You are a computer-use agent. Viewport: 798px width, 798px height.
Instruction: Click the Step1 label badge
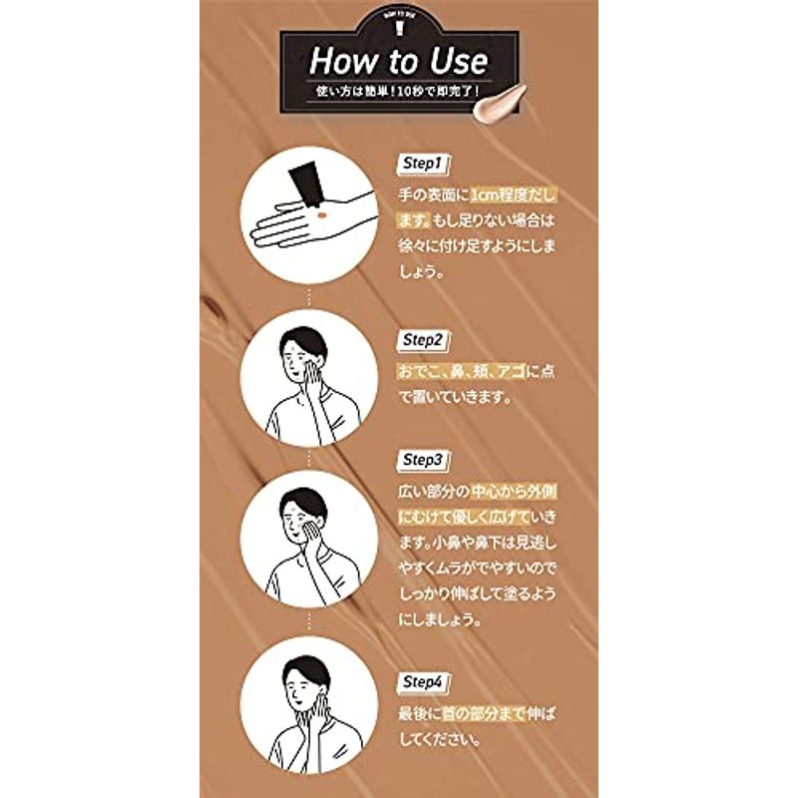point(422,164)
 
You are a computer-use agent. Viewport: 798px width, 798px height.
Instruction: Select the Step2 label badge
point(422,340)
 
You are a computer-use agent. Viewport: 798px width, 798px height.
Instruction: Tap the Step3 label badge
point(422,461)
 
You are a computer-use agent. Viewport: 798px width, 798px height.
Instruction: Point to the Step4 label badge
point(422,682)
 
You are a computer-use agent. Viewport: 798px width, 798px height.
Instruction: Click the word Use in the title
point(459,62)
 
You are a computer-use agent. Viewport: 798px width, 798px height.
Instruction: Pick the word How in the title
point(339,62)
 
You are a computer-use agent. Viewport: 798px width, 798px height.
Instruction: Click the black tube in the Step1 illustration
point(306,186)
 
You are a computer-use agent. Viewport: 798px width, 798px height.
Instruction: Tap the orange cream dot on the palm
point(321,215)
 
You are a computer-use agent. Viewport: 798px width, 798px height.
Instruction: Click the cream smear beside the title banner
point(500,104)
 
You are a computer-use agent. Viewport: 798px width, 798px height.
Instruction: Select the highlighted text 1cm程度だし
point(513,196)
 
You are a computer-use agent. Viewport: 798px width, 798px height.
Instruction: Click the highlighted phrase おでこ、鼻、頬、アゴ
point(461,371)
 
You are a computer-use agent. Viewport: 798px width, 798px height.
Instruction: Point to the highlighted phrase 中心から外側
point(513,492)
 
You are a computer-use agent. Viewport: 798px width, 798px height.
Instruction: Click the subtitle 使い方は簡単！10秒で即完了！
point(397,92)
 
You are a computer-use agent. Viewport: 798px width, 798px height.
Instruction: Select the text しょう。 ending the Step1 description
point(421,271)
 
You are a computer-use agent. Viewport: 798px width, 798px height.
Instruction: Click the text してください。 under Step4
point(439,739)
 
